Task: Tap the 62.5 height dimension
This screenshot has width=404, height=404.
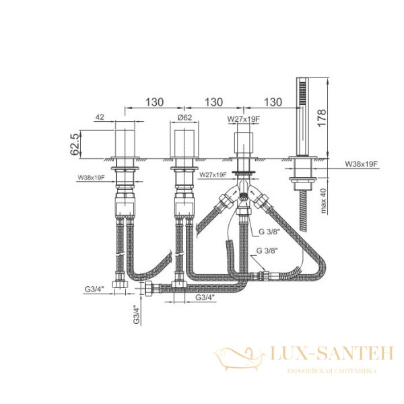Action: point(75,144)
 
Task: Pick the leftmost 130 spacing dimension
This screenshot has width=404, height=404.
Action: point(155,102)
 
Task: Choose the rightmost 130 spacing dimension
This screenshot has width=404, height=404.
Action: point(273,102)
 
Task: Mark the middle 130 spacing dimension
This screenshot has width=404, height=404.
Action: point(213,102)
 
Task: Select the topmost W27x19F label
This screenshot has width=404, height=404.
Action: point(243,120)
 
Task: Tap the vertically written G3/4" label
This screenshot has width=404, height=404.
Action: point(135,314)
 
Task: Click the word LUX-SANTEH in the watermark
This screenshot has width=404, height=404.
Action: point(330,353)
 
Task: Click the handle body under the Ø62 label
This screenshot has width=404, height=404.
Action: point(184,143)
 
